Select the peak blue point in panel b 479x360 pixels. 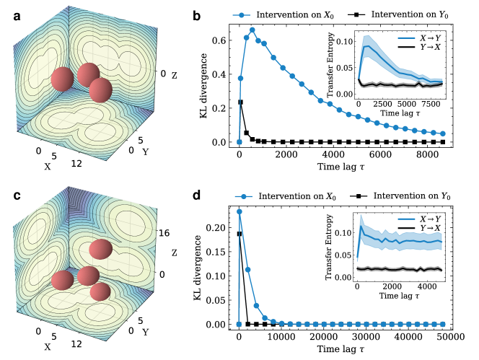(253, 30)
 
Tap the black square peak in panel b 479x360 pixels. (241, 102)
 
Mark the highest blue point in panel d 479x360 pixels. (239, 211)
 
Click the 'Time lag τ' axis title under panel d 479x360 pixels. (343, 349)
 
